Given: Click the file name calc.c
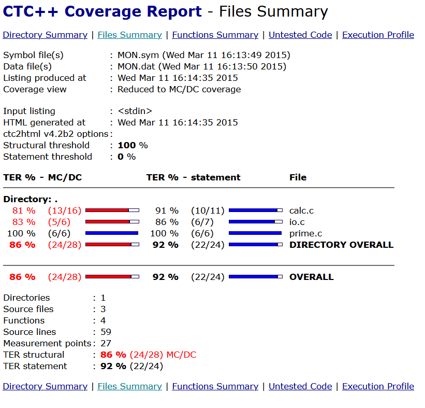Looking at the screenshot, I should pos(301,210).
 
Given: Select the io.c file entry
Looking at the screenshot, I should pos(297,222).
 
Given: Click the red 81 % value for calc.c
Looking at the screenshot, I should pos(24,210).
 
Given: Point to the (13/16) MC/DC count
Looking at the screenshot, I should pos(65,210).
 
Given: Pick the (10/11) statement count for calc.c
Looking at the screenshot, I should pos(208,210).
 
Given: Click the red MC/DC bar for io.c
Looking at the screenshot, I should pos(112,222).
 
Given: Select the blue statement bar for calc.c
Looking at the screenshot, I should pos(255,210).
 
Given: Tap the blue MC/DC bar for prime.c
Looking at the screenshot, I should pos(112,233).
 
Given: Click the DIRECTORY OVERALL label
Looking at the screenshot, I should pos(341,245).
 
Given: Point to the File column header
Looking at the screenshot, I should pos(298,177).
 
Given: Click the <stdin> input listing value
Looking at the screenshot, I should pos(135,111).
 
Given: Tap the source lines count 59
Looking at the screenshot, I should pos(106,332).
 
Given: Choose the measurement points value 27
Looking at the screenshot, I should pos(106,343).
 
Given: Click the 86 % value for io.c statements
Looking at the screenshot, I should pos(167,222).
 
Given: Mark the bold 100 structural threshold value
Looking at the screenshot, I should pos(126,145).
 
